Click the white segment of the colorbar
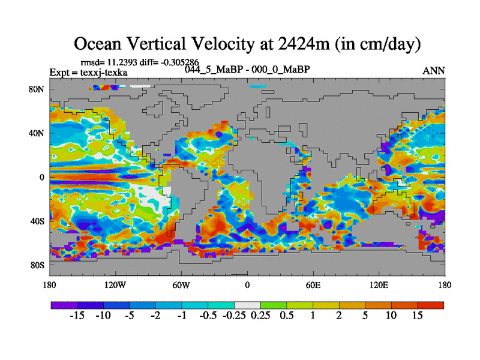point(247,305)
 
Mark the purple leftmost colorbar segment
point(63,305)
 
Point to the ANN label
point(434,71)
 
